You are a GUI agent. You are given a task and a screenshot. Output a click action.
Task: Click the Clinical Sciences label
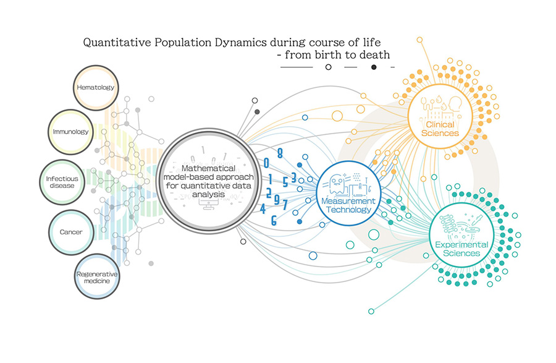point(440,129)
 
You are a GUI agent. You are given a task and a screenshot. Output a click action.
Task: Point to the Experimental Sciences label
point(461,249)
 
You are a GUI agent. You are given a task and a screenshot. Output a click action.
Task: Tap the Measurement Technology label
point(348,205)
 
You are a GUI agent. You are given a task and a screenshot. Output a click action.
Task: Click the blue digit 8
point(280,153)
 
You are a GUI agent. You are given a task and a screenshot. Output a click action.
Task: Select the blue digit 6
point(274,221)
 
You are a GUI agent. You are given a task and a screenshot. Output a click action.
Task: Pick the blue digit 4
point(263,208)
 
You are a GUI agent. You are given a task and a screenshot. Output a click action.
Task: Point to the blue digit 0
point(266,163)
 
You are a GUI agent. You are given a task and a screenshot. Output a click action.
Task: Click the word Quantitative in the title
point(117,43)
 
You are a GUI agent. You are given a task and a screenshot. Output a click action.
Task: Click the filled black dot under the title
point(374,67)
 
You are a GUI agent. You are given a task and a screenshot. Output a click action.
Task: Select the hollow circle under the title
point(329,67)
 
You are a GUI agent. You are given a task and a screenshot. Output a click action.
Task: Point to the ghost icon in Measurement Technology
point(336,184)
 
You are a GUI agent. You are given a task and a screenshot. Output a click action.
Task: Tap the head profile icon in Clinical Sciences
point(455,105)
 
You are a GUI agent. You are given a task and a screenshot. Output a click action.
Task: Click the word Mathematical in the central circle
point(209,168)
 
